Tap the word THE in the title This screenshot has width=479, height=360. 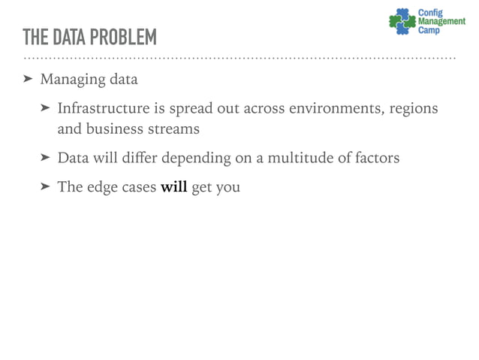click(x=35, y=37)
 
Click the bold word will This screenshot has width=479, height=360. click(x=173, y=187)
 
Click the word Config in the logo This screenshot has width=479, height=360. click(x=430, y=12)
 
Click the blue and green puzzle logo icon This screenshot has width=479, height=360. click(x=402, y=20)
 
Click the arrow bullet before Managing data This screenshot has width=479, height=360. click(x=28, y=79)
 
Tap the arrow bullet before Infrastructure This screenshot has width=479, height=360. click(x=45, y=109)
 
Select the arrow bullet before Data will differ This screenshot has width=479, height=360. click(x=45, y=158)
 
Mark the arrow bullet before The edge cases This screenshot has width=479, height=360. click(x=45, y=187)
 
